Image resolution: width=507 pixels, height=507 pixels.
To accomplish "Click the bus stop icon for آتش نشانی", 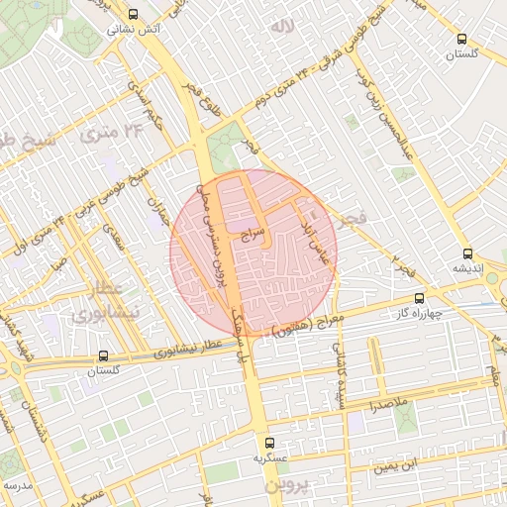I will (x=133, y=14).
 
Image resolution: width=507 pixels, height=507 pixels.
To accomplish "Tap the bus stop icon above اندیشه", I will (x=467, y=253).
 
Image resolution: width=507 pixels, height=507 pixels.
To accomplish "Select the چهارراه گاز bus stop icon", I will (x=420, y=297).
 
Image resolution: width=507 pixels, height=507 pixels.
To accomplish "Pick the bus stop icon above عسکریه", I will (x=269, y=444).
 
